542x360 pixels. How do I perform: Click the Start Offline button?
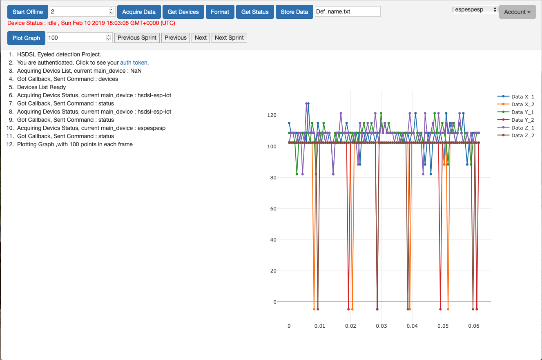(x=28, y=12)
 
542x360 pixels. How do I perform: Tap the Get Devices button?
(x=183, y=12)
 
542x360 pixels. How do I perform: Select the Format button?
(x=220, y=12)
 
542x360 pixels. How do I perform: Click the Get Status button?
(x=255, y=12)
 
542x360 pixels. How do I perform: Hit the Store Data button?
(x=294, y=12)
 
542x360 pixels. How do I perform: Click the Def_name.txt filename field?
(x=348, y=11)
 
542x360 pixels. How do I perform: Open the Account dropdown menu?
(x=517, y=12)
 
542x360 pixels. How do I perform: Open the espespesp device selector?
(x=475, y=9)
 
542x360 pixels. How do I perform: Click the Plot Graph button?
(x=26, y=38)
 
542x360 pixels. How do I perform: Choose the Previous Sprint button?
(x=137, y=38)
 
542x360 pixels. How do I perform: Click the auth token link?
(x=134, y=63)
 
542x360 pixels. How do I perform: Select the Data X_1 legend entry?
(x=522, y=96)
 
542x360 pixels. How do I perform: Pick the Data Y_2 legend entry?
(x=522, y=120)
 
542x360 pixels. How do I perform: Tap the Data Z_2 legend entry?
(x=522, y=135)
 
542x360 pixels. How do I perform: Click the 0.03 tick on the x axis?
(x=381, y=326)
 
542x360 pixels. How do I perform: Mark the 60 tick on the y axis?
(x=282, y=209)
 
